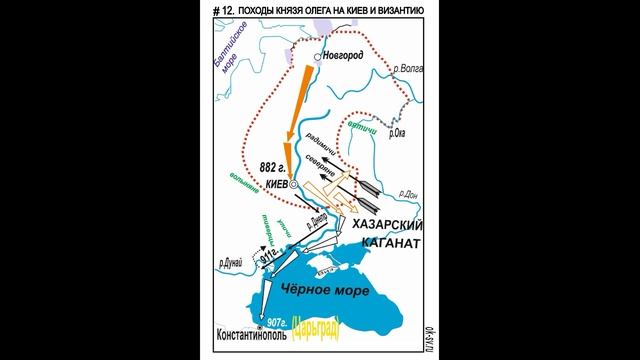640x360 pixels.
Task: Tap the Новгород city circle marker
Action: tap(321, 56)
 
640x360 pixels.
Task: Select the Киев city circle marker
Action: tap(293, 185)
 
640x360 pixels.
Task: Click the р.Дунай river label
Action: tap(232, 262)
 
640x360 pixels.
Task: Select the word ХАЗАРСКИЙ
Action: tap(385, 227)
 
